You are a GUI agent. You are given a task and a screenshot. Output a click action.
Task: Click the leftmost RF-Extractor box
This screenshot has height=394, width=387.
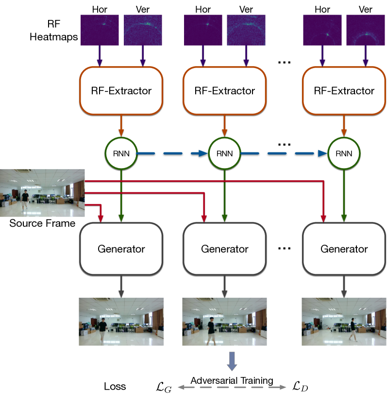121,90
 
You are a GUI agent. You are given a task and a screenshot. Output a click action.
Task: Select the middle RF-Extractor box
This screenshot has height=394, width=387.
225,90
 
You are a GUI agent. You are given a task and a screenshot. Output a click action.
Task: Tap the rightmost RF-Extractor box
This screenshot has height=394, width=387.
344,90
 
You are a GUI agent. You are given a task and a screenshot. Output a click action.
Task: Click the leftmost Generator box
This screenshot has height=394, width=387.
121,249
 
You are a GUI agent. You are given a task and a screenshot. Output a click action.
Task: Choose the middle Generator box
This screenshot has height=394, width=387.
224,249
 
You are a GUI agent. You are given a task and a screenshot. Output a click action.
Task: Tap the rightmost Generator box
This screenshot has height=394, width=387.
344,249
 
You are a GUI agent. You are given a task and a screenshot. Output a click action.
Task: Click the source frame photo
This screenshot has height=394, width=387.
42,193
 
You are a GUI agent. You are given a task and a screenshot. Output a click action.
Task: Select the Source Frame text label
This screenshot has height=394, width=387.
42,223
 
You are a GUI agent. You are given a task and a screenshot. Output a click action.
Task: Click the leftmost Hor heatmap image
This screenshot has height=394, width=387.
100,29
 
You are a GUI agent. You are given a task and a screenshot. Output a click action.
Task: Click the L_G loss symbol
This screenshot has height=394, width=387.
164,386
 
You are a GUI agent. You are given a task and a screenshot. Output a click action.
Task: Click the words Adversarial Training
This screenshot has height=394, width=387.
232,380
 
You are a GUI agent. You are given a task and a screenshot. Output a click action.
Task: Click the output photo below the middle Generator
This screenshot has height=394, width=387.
224,322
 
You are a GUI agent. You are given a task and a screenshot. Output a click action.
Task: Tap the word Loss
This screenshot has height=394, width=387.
115,387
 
